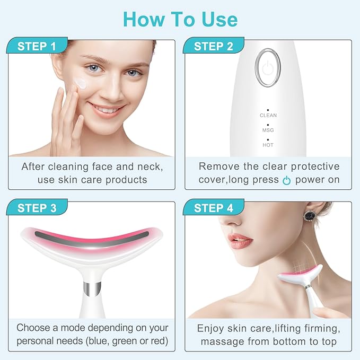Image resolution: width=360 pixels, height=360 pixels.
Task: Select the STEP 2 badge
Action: pyautogui.click(x=213, y=46)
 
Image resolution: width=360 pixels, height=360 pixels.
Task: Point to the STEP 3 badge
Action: pyautogui.click(x=37, y=208)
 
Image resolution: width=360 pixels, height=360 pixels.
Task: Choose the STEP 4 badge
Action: pyautogui.click(x=213, y=208)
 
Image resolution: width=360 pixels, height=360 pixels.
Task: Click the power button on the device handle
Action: pyautogui.click(x=268, y=67)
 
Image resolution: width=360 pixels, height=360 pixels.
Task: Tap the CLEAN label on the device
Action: pyautogui.click(x=268, y=115)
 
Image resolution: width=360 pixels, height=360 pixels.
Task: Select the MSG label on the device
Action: pyautogui.click(x=268, y=130)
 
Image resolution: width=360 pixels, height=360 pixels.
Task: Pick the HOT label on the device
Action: pyautogui.click(x=268, y=144)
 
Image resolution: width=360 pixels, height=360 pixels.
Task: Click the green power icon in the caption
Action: pyautogui.click(x=286, y=180)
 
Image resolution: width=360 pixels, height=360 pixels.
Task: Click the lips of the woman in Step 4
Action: pyautogui.click(x=241, y=242)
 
